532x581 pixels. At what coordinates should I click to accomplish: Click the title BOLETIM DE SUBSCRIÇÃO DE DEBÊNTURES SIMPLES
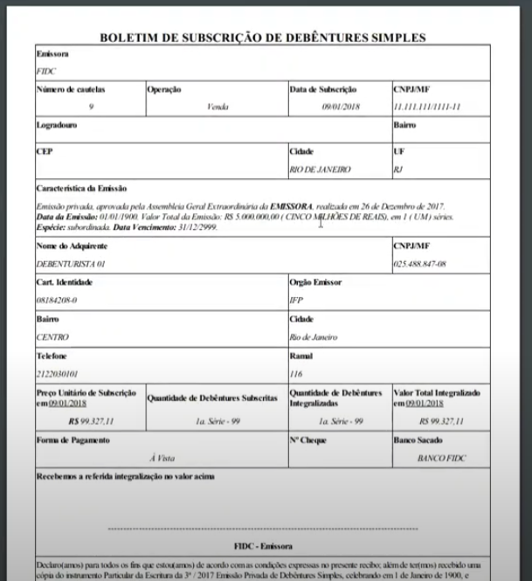point(263,38)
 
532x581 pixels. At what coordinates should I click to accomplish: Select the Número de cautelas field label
point(67,89)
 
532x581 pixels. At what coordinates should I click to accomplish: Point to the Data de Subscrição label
point(323,89)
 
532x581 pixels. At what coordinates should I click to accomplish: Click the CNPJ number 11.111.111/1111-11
point(427,106)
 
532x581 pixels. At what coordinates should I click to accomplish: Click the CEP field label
point(45,151)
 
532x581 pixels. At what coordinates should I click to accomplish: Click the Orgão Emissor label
point(315,282)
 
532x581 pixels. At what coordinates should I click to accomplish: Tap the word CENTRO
point(52,336)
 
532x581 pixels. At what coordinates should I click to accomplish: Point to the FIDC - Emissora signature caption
point(262,543)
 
